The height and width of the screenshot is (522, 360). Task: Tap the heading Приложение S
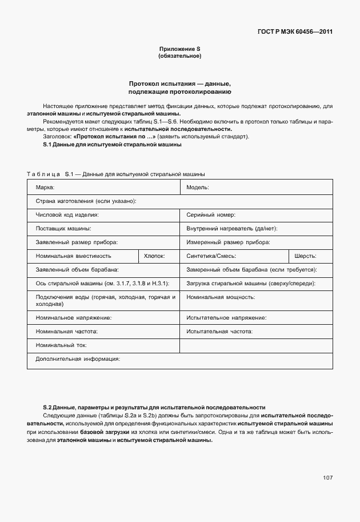(179, 50)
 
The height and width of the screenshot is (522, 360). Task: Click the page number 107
(327, 477)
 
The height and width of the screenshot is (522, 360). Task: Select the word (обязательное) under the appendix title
(179, 57)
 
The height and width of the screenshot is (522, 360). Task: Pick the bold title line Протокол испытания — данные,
(179, 83)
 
